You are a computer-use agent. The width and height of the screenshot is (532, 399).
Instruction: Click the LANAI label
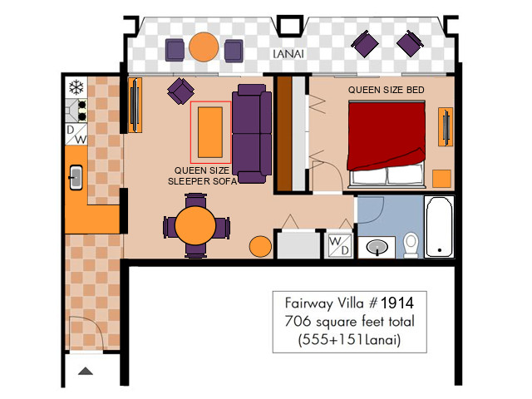[288, 54]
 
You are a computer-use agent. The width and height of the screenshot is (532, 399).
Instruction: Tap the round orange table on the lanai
[204, 47]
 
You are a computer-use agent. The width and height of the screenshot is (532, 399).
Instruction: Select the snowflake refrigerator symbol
[76, 86]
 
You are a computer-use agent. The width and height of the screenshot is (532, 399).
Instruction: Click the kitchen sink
[76, 177]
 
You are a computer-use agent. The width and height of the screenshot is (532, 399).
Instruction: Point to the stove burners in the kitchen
[82, 111]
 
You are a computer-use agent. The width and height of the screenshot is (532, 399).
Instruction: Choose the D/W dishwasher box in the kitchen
[76, 135]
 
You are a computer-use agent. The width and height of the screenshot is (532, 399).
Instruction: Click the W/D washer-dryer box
[340, 246]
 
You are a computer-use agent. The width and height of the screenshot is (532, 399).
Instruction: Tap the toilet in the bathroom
[411, 245]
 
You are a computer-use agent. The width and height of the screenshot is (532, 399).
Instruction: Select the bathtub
[439, 226]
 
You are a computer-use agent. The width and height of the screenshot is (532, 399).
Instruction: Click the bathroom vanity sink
[377, 247]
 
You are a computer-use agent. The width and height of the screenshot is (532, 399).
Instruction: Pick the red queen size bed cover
[387, 135]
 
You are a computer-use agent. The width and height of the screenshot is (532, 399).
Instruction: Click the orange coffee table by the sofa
[210, 132]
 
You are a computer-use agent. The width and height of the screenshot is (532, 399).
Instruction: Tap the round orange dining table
[195, 225]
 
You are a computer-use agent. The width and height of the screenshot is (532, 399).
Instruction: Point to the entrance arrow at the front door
[86, 371]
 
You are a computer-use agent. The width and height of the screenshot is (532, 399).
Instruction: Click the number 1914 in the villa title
[397, 303]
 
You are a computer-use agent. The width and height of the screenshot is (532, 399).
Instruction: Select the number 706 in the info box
[298, 321]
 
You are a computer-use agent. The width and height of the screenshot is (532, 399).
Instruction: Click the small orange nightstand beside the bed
[441, 179]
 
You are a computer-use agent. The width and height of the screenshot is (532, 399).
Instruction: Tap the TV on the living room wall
[135, 105]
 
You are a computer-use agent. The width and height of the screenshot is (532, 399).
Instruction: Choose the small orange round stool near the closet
[260, 247]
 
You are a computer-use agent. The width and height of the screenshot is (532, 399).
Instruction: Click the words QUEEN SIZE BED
[386, 90]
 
